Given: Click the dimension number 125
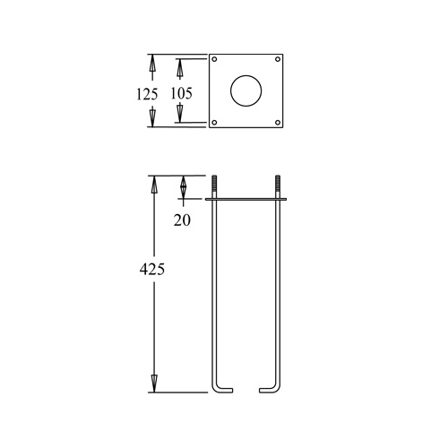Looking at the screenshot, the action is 147,94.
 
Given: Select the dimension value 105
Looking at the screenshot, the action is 181,93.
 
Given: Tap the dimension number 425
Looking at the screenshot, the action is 152,270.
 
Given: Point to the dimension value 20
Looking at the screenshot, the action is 182,220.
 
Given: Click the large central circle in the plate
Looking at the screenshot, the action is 246,90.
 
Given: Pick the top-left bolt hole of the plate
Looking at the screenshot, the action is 214,59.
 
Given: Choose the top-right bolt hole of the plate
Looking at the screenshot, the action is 278,59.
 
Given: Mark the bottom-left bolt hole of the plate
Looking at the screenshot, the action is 214,123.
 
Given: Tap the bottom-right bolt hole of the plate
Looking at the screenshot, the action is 278,123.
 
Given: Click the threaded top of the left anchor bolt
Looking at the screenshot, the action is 214,184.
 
